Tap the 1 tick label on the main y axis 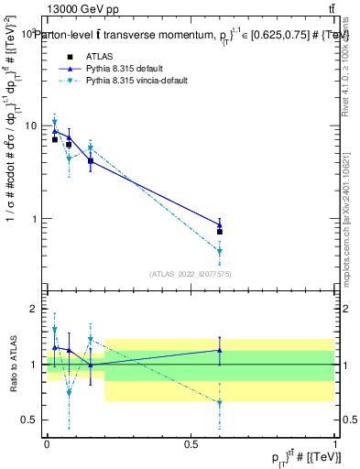[37, 219]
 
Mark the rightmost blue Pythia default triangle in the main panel [219, 224]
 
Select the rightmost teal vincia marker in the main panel [219, 251]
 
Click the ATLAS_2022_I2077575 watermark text [191, 273]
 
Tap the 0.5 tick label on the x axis [191, 443]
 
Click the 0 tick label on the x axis [47, 443]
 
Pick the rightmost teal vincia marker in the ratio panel [219, 402]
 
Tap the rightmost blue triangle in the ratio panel [219, 350]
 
